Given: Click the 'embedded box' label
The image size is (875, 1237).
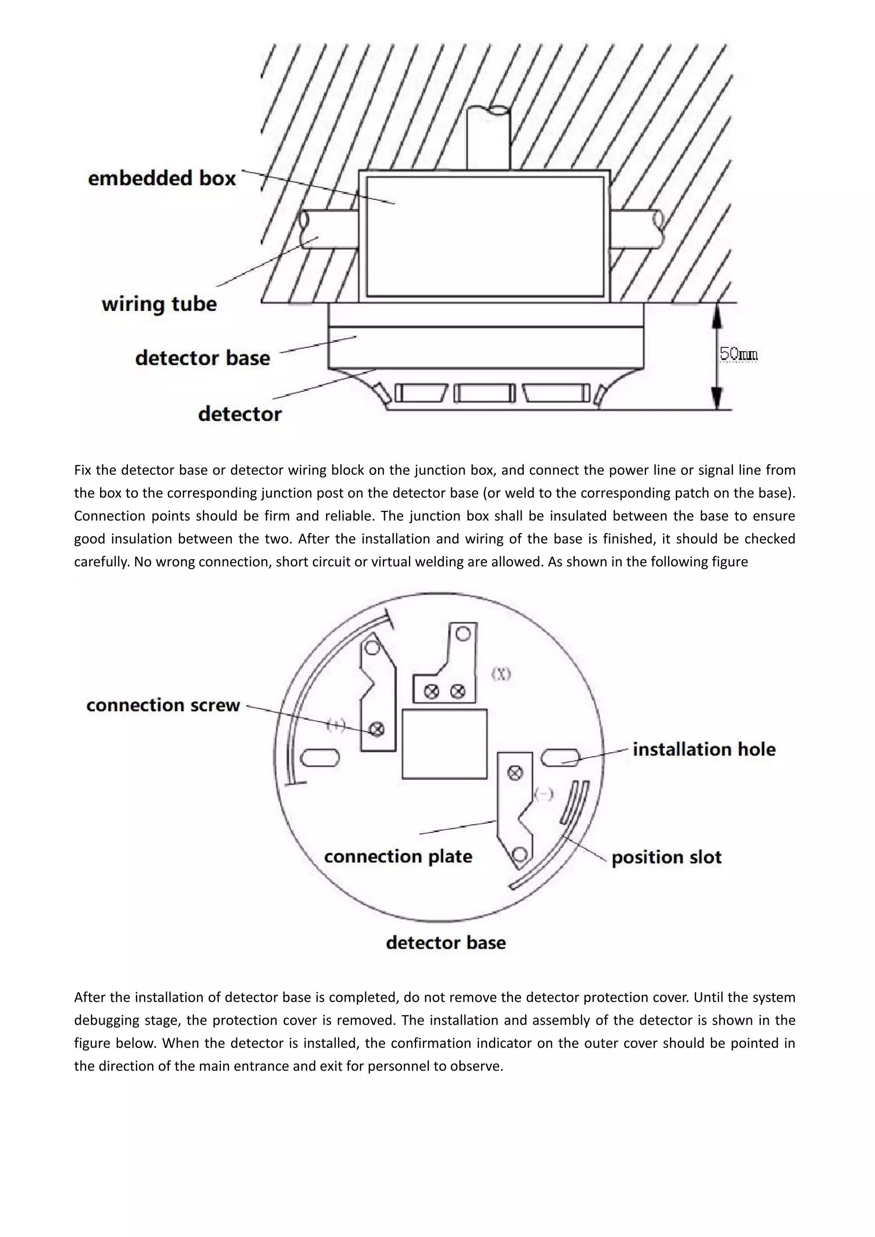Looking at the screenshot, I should tap(161, 178).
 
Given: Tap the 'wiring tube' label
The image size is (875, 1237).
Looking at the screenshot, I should tap(159, 305).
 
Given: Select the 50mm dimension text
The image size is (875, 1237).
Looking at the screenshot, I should tap(738, 354).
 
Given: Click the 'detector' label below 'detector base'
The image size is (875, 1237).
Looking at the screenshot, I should tap(240, 414).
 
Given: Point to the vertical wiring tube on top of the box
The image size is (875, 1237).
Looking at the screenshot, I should tap(488, 139).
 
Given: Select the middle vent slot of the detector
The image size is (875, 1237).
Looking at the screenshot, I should tap(484, 393).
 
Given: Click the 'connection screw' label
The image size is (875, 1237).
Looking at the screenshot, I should tap(163, 705).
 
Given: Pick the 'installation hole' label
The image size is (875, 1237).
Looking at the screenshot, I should tap(704, 750).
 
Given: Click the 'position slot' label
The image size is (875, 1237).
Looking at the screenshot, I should tap(666, 857).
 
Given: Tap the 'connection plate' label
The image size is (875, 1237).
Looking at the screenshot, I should tap(398, 857).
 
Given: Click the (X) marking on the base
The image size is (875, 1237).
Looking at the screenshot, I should tap(501, 674).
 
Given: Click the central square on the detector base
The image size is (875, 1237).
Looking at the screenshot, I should tap(444, 744).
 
